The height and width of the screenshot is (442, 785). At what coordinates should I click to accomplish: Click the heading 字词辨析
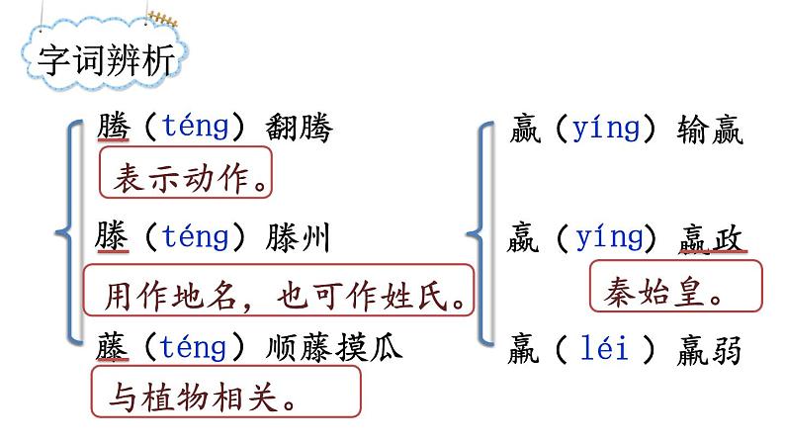106,61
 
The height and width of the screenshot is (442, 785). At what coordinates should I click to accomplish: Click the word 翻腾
300,128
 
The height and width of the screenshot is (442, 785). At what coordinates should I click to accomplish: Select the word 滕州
300,237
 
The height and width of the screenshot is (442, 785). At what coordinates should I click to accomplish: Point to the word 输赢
710,130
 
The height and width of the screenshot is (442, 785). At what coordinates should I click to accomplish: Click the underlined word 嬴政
712,238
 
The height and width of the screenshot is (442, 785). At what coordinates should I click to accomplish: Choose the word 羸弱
710,349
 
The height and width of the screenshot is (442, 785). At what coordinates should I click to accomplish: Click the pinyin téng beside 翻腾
195,128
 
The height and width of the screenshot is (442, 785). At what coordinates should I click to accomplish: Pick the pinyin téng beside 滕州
195,237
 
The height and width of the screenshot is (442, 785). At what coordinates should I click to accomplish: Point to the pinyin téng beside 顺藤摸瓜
195,348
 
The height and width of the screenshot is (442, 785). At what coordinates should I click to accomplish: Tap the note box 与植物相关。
225,397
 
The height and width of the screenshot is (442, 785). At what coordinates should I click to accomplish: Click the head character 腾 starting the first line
114,128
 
